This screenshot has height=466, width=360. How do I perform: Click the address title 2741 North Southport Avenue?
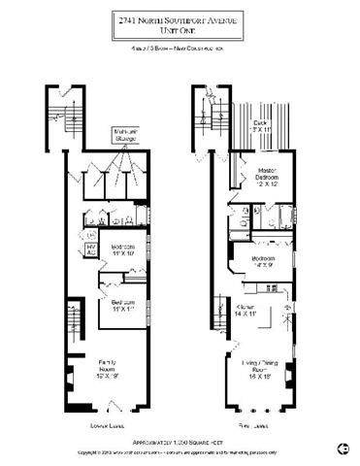180,18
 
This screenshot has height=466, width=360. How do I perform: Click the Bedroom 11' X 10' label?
121,250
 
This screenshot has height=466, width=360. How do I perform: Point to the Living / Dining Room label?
256,370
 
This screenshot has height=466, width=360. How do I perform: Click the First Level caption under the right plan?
250,425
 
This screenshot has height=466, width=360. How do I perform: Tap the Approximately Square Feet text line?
180,440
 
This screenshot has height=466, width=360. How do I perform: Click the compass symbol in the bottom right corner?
342,448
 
